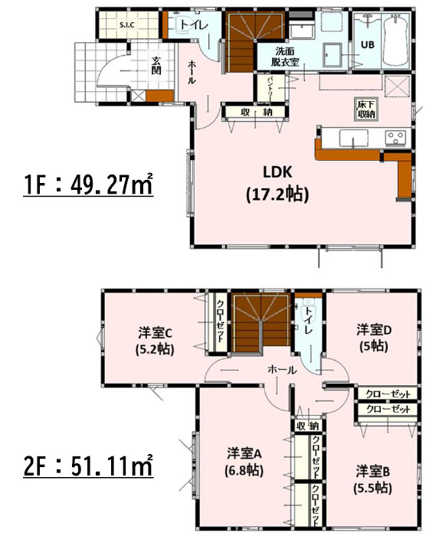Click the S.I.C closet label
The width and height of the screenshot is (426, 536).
pyautogui.click(x=126, y=25)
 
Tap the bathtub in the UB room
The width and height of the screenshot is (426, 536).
pyautogui.click(x=395, y=41)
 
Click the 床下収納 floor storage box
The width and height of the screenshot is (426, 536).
pyautogui.click(x=366, y=108)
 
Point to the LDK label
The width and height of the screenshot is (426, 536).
pyautogui.click(x=277, y=172)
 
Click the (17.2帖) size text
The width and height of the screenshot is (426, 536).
pyautogui.click(x=277, y=194)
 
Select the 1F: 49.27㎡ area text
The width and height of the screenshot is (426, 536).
pyautogui.click(x=88, y=185)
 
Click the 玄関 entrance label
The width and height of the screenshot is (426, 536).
pyautogui.click(x=156, y=66)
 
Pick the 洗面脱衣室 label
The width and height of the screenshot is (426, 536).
pyautogui.click(x=285, y=57)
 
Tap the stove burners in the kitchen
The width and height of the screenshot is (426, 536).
pyautogui.click(x=395, y=138)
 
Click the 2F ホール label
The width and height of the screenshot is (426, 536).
pyautogui.click(x=282, y=370)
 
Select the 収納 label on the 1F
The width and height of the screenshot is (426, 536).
pyautogui.click(x=257, y=112)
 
